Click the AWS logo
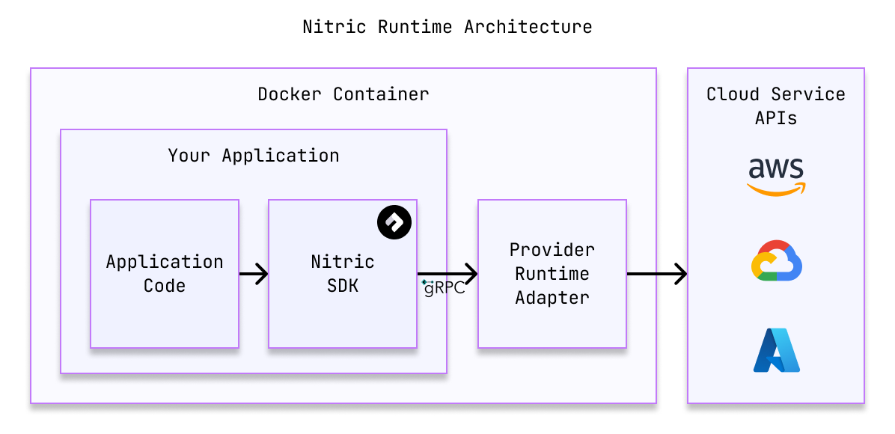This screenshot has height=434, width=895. [777, 176]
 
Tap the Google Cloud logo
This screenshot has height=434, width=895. [777, 261]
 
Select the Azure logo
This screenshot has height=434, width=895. [777, 350]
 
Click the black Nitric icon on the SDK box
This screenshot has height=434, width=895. [394, 221]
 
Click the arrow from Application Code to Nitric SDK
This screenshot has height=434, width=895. [254, 275]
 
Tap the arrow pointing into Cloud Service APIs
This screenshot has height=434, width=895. [657, 275]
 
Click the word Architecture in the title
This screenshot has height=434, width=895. [528, 27]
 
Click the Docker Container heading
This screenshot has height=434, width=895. [343, 94]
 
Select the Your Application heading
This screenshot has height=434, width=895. [254, 156]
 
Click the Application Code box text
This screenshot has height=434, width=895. [165, 273]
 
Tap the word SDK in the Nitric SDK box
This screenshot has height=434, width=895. [343, 286]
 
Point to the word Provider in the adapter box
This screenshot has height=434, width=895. [552, 249]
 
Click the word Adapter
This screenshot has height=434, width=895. [552, 298]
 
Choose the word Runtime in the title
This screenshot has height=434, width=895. [415, 27]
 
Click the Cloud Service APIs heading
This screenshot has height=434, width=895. [776, 106]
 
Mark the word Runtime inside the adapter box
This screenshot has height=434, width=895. [552, 274]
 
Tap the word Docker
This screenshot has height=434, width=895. [290, 94]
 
